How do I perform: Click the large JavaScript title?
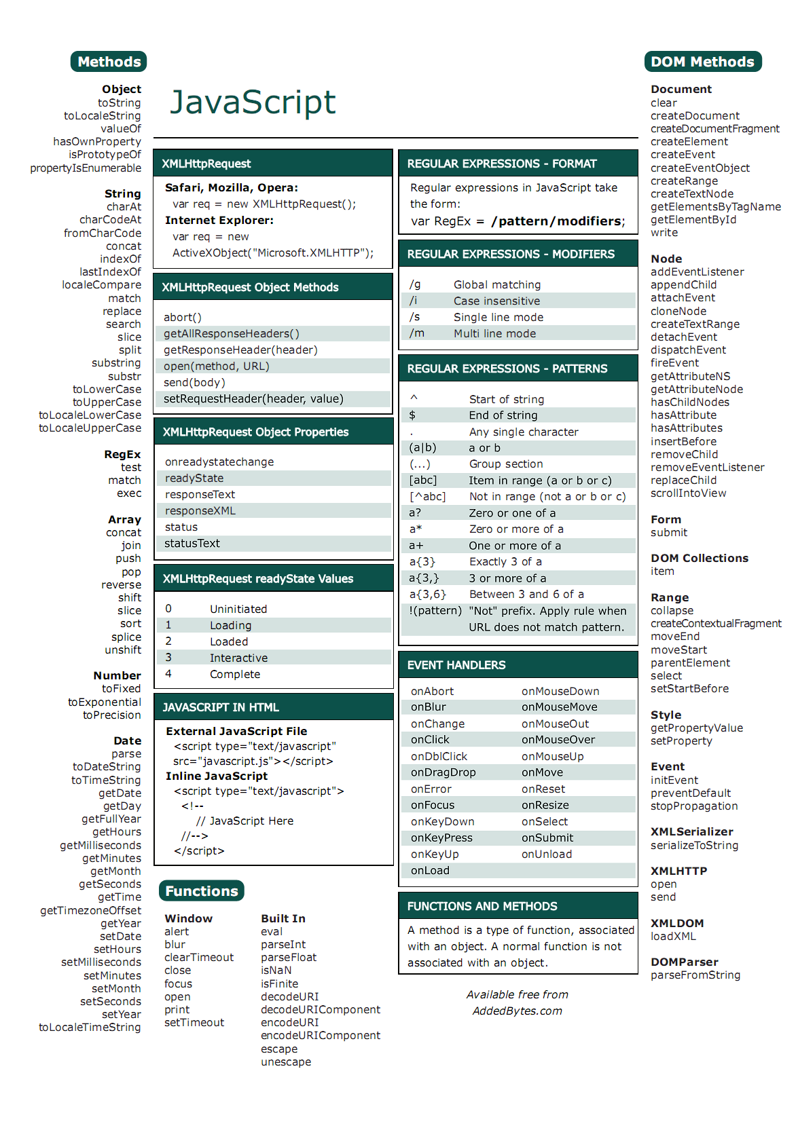(253, 102)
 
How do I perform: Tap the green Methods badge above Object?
(109, 62)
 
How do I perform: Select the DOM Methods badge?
(702, 62)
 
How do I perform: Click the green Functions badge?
(202, 891)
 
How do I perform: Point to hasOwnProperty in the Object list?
(97, 142)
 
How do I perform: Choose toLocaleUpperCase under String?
(90, 428)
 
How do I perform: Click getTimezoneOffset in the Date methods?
(90, 911)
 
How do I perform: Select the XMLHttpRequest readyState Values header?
(258, 579)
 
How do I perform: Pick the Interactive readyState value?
(238, 658)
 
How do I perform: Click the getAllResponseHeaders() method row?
(231, 334)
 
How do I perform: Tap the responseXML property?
(200, 511)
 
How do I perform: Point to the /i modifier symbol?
(414, 301)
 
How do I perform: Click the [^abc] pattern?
(427, 497)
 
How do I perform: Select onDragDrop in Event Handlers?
(443, 773)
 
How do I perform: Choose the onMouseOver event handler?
(558, 740)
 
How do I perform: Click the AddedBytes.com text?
(518, 1011)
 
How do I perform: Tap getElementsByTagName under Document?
(715, 207)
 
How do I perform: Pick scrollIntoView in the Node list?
(688, 493)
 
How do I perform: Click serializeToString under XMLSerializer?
(694, 846)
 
